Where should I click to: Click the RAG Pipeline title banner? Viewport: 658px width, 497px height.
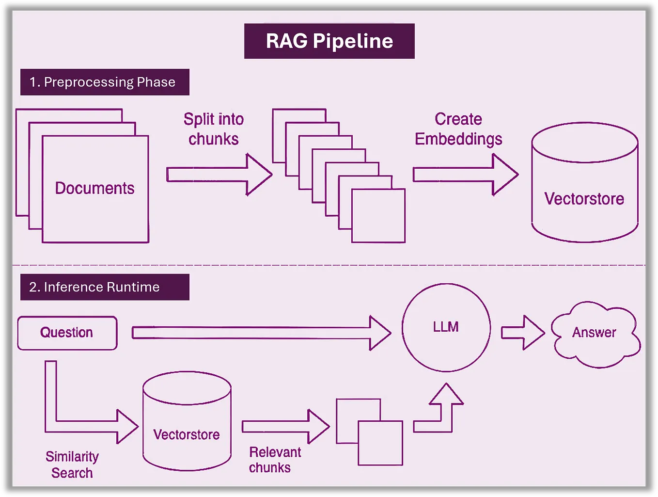pyautogui.click(x=329, y=41)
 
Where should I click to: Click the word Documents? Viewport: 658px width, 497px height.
pyautogui.click(x=94, y=188)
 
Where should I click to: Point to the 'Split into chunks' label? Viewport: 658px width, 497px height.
pyautogui.click(x=213, y=129)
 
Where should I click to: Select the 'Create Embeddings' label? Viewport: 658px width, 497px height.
pyautogui.click(x=458, y=129)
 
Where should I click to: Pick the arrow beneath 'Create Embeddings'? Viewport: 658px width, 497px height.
pyautogui.click(x=465, y=175)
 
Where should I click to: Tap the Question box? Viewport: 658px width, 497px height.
pyautogui.click(x=67, y=333)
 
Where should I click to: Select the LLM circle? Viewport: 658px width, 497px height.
pyautogui.click(x=446, y=327)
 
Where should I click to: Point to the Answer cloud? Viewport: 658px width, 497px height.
pyautogui.click(x=595, y=333)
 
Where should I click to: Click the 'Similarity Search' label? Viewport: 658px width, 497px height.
pyautogui.click(x=72, y=465)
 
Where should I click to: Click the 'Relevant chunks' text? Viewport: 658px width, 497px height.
pyautogui.click(x=274, y=460)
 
